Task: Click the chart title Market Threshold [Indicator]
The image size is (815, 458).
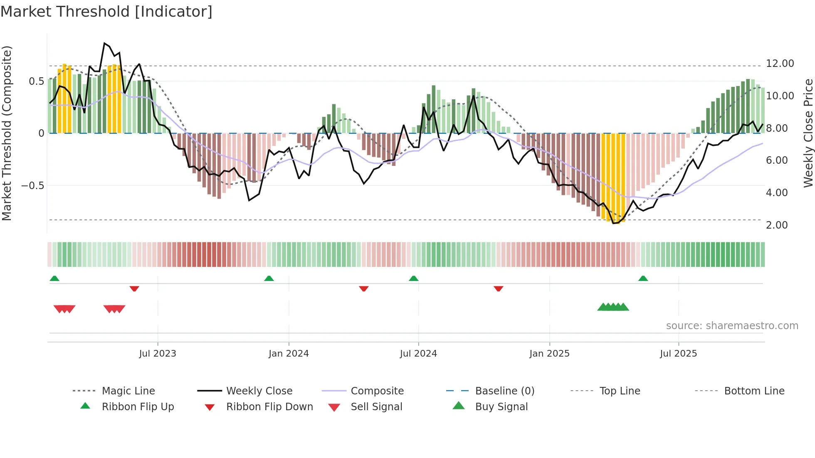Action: [x=106, y=12]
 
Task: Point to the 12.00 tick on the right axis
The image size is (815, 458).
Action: [x=780, y=64]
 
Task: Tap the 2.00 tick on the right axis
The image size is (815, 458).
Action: [x=776, y=225]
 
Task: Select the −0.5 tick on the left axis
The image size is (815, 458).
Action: [x=33, y=185]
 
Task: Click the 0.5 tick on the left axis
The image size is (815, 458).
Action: [x=36, y=81]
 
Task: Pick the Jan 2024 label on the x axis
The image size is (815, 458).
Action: [x=289, y=354]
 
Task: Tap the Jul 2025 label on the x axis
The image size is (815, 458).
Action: [x=678, y=354]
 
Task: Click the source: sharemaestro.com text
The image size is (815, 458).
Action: [x=732, y=326]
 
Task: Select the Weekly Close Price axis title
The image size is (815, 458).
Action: [x=808, y=133]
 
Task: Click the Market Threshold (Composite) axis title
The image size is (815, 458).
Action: [x=7, y=133]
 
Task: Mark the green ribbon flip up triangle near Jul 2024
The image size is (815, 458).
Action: [x=413, y=278]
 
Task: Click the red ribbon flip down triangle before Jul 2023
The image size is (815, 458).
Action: [x=134, y=288]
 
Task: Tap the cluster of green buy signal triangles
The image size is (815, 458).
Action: [x=613, y=307]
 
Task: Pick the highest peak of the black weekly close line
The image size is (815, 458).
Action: [x=104, y=43]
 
